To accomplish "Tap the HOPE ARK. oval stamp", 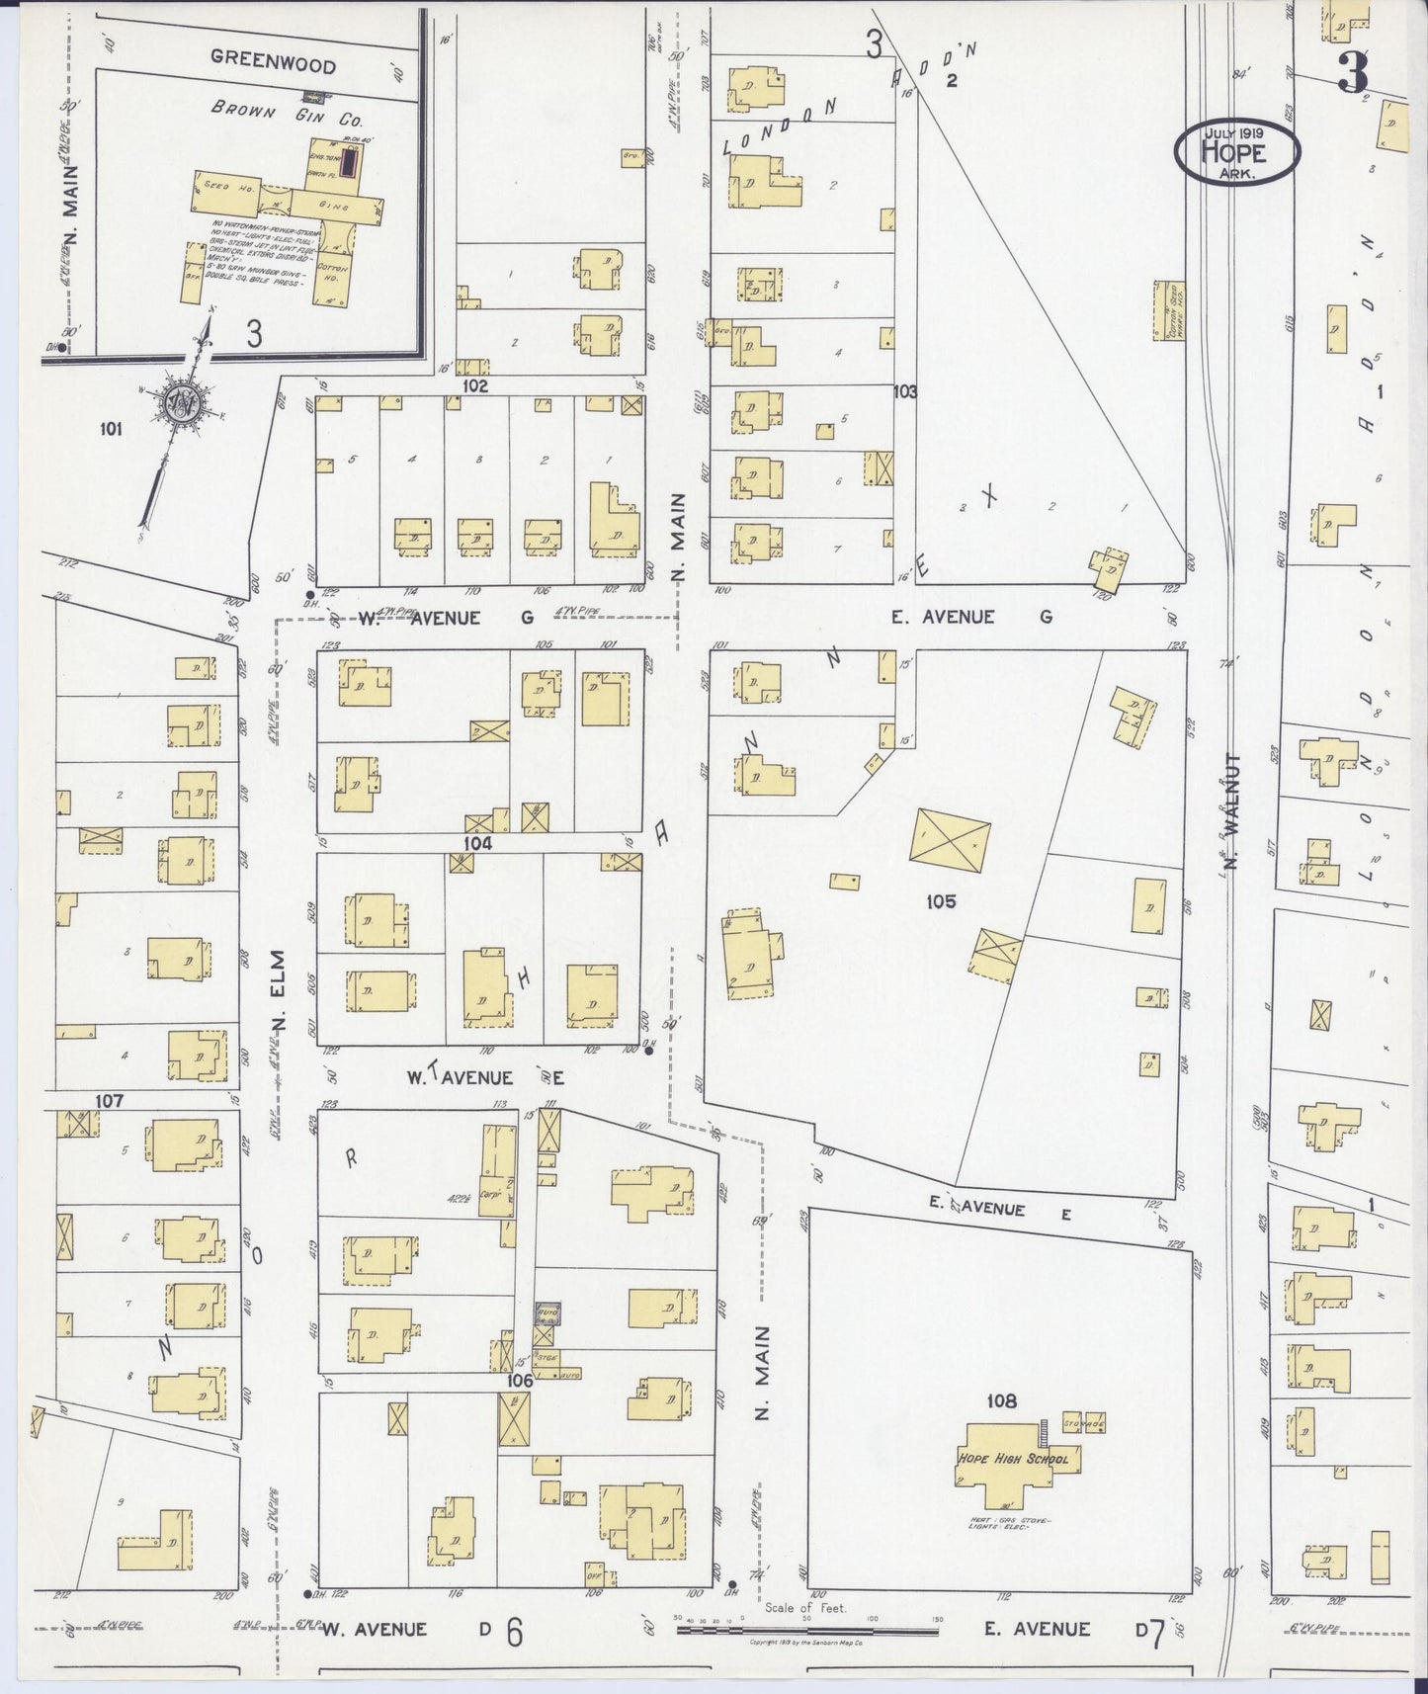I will point(1236,151).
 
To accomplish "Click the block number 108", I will point(1001,1400).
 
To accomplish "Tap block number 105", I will point(941,900).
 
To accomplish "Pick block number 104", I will point(478,843).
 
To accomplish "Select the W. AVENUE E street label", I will point(484,1076).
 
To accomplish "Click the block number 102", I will point(475,386).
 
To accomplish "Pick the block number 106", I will point(520,1380).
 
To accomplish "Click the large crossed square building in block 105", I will point(951,841).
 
